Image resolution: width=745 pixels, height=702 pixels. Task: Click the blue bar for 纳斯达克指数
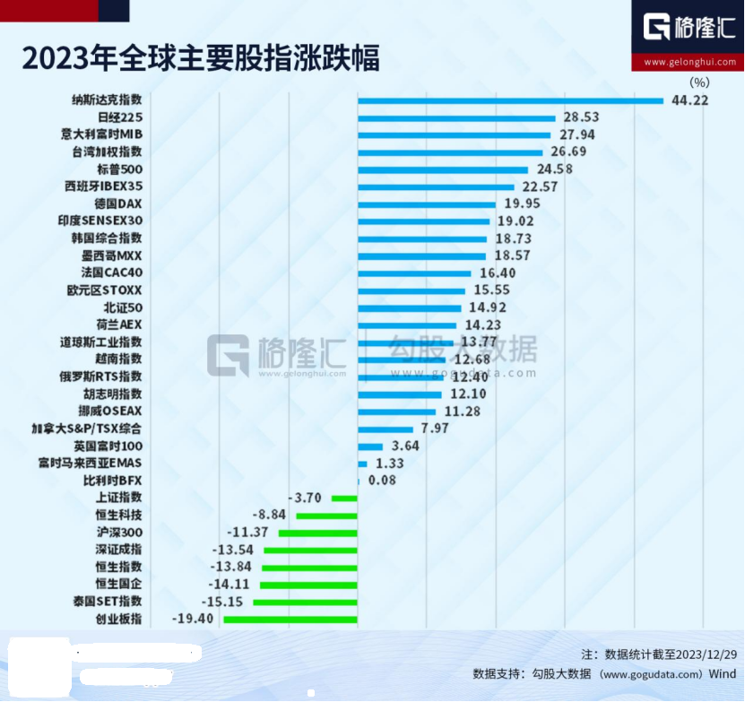coord(510,100)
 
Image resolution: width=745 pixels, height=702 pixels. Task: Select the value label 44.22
coord(689,100)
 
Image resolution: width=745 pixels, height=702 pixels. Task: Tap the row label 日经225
coord(119,117)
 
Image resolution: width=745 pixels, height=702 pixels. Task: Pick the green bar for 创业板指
coord(290,618)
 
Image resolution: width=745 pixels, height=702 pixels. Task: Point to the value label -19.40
coord(196,618)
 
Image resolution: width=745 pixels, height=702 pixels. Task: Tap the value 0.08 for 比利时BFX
coord(383,481)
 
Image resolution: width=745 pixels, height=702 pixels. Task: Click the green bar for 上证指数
coord(345,498)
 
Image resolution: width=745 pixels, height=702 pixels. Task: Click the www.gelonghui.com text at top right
coord(688,62)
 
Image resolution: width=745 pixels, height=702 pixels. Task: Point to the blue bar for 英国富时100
coord(370,446)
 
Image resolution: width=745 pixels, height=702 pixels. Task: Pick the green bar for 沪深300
coord(318,532)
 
